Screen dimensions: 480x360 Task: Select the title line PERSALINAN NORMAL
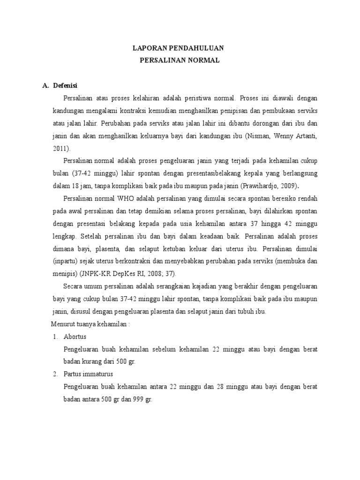(180, 60)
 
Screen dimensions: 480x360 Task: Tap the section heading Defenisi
(65, 86)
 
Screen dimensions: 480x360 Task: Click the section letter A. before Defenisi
(45, 86)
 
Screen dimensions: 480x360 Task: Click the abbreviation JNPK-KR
(95, 274)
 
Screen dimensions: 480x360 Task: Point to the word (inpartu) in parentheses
(66, 262)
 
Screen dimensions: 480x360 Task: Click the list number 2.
(55, 374)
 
